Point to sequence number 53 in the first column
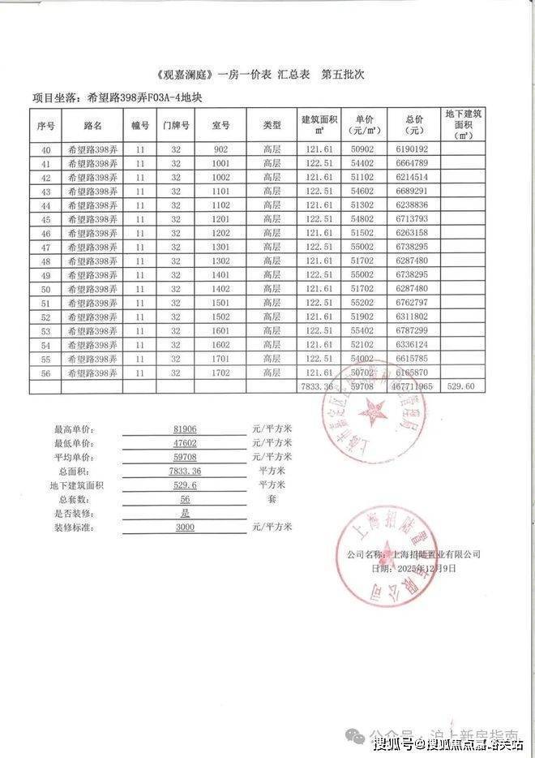tap(45, 331)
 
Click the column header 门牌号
tap(176, 126)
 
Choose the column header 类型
tap(272, 126)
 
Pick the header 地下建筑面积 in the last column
tap(464, 126)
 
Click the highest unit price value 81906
tap(186, 429)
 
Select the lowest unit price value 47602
tap(186, 443)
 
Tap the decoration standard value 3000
tap(186, 527)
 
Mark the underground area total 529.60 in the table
tap(465, 387)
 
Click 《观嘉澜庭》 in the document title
tap(188, 75)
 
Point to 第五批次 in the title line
tap(345, 75)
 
